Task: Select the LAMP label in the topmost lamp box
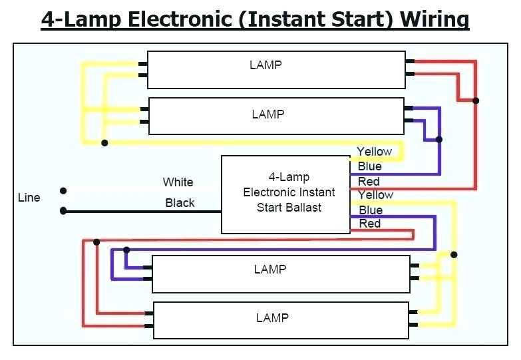[265, 65]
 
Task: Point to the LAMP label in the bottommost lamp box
[272, 317]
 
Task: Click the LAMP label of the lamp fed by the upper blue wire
[267, 114]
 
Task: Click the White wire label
[178, 182]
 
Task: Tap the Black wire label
[180, 203]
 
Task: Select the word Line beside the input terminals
[29, 198]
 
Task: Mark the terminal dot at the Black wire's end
[63, 211]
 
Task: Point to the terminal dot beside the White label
[63, 191]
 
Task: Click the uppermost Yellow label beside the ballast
[375, 152]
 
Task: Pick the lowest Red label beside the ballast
[370, 224]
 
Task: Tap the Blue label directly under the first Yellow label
[370, 166]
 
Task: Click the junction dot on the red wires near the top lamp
[476, 100]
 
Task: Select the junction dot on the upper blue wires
[438, 139]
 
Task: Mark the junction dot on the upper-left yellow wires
[104, 142]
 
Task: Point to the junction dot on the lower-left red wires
[97, 242]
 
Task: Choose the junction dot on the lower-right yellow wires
[454, 254]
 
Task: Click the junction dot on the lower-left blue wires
[126, 250]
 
